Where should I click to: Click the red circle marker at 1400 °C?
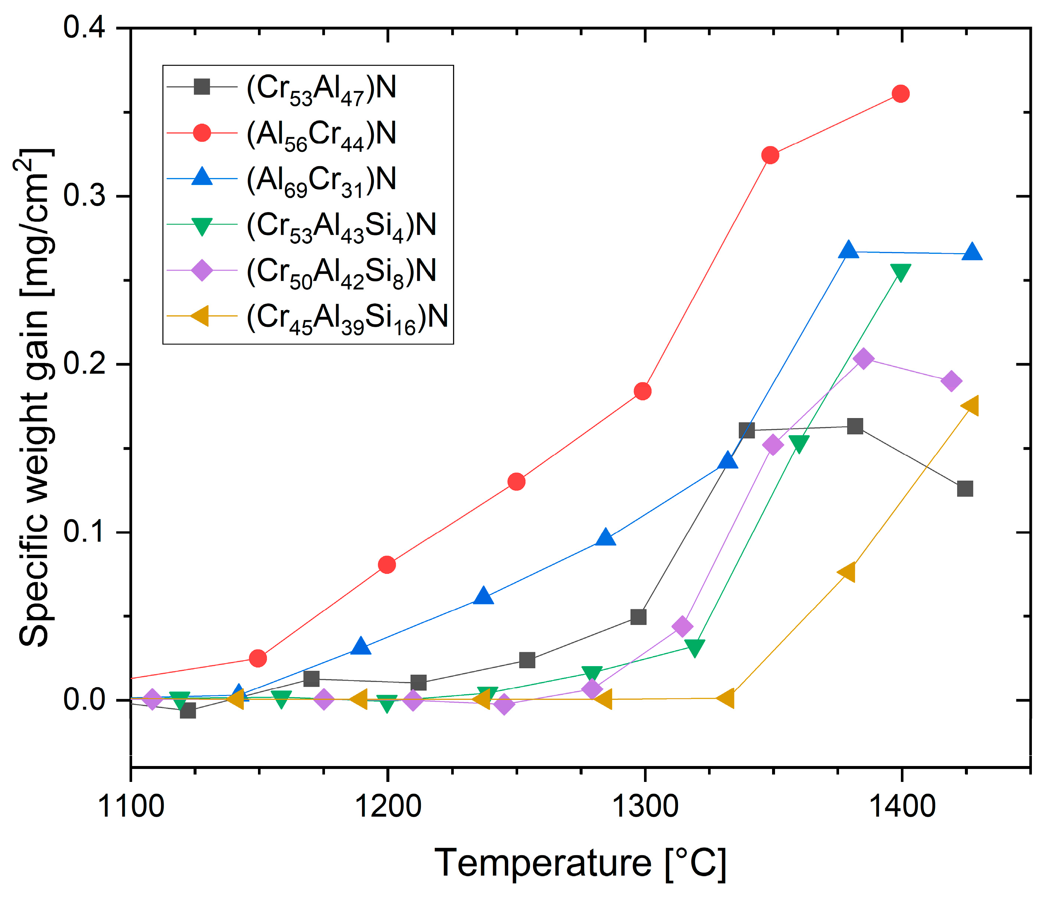tap(901, 94)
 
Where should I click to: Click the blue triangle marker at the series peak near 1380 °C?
tap(849, 250)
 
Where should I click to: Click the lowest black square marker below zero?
tap(188, 711)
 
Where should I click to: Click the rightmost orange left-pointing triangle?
tap(970, 406)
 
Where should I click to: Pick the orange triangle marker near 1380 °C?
tap(847, 572)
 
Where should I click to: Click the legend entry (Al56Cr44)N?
tap(321, 134)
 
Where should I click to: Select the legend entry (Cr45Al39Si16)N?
tap(347, 317)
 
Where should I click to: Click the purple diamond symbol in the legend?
tap(202, 271)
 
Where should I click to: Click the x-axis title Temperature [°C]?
tap(580, 863)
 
